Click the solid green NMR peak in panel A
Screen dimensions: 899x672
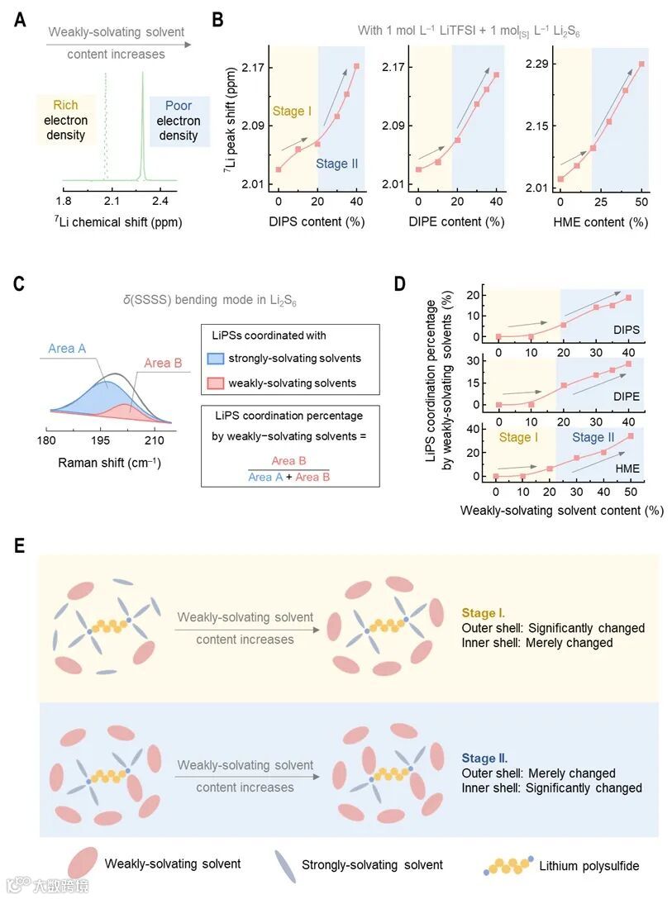point(142,124)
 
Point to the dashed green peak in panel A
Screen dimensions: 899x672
point(106,124)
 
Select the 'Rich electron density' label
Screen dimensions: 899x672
point(65,120)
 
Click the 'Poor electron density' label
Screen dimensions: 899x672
point(179,121)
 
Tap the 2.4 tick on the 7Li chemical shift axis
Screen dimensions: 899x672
point(160,201)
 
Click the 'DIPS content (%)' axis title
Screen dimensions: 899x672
point(317,221)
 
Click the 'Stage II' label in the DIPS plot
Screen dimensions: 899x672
point(336,164)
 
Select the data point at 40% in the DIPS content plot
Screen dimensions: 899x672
point(357,66)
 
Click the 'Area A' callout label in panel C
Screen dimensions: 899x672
point(67,349)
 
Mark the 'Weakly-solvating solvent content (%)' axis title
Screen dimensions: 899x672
point(562,511)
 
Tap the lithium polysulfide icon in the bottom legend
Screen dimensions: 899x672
point(507,865)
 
